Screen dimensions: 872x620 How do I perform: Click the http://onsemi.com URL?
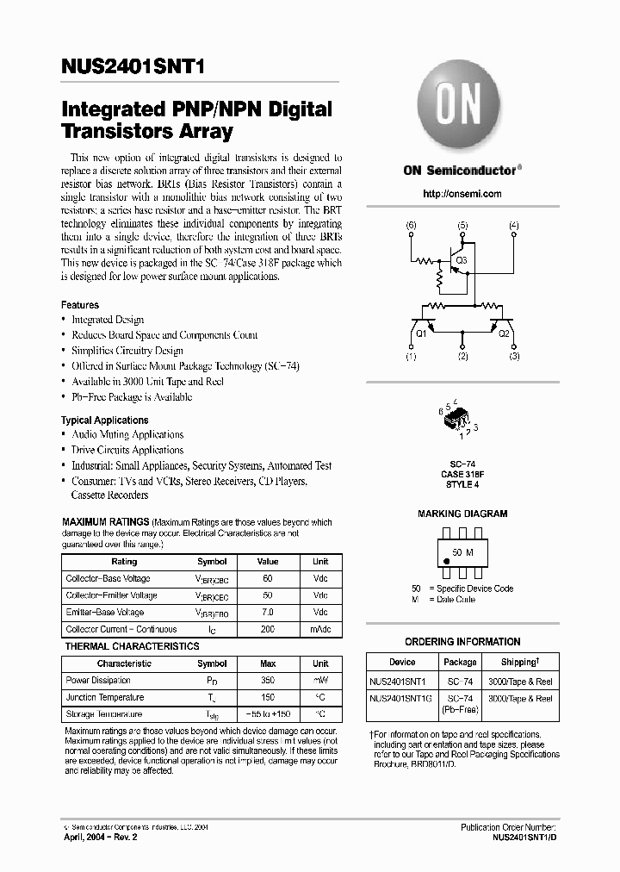[x=462, y=194]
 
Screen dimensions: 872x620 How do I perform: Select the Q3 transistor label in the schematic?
[x=461, y=259]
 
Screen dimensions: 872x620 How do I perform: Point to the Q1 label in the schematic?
[x=421, y=333]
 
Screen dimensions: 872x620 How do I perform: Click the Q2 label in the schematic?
[x=505, y=333]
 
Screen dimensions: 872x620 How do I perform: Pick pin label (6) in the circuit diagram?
[x=411, y=226]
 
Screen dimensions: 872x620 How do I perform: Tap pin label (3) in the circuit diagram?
[x=515, y=356]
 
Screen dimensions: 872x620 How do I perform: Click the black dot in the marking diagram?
[x=446, y=562]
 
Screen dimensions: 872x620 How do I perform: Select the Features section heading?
[x=80, y=305]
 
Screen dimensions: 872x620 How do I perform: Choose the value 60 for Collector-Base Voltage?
[x=268, y=578]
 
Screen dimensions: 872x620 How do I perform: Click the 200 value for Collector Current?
[x=268, y=629]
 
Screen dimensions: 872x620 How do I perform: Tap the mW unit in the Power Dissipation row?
[x=320, y=680]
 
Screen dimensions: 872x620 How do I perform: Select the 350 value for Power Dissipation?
[x=268, y=680]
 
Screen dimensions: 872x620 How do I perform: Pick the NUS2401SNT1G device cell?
[x=401, y=699]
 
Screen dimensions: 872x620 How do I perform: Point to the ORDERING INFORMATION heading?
[x=462, y=642]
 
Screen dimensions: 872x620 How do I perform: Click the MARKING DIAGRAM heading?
[x=462, y=514]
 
